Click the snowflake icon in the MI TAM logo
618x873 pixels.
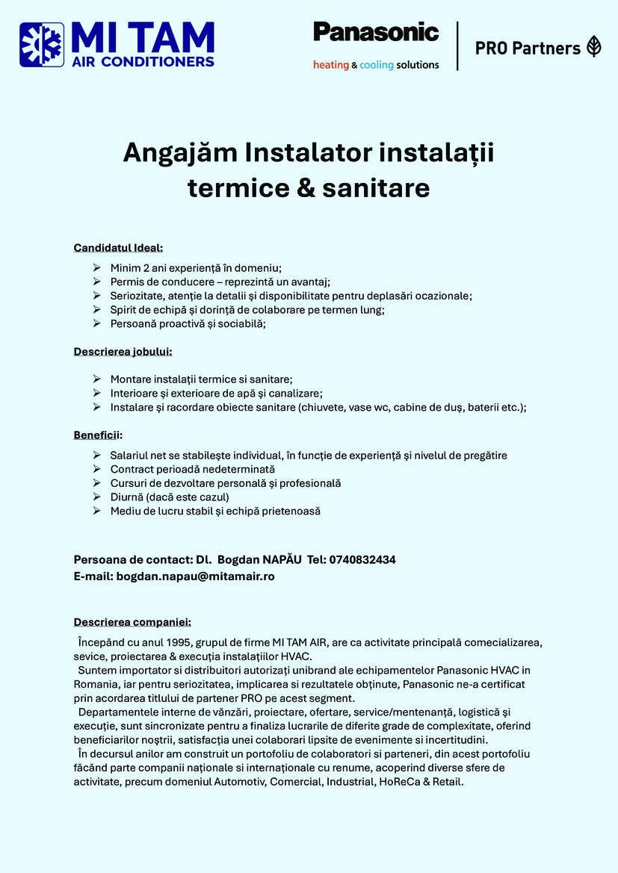41,46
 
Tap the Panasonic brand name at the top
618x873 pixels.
376,32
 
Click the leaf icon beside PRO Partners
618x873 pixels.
594,46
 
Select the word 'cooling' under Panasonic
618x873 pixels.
377,65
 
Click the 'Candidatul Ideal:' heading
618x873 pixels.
118,248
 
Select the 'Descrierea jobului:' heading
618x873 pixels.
123,351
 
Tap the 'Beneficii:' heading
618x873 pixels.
98,435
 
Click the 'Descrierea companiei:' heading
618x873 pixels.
132,622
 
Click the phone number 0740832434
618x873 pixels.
362,559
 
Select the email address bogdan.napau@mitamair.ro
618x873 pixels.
195,577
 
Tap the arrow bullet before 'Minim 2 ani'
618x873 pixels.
96,267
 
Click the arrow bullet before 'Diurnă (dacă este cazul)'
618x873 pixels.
96,497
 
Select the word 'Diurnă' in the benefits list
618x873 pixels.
126,497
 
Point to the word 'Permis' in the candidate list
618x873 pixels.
126,282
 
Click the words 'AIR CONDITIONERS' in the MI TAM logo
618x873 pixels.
143,61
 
